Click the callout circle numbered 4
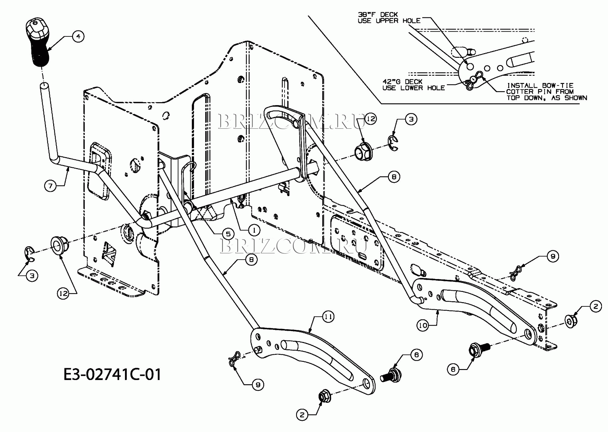coord(78,36)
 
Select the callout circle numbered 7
coord(50,185)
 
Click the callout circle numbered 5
coord(228,234)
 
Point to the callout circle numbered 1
coord(254,230)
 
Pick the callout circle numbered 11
coord(328,317)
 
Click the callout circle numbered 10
coord(423,326)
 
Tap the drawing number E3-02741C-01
coord(112,374)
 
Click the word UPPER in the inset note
coord(387,21)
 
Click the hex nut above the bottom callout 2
coord(324,396)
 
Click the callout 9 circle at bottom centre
coord(258,385)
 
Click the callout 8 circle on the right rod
coord(394,177)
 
